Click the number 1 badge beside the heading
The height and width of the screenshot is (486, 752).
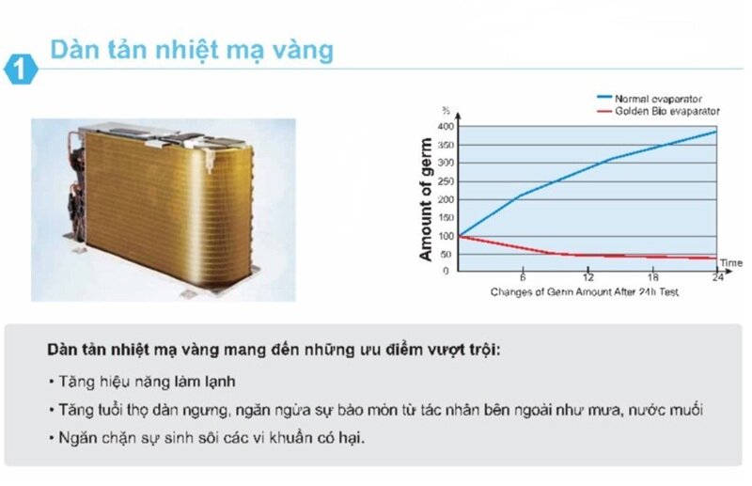tap(20, 70)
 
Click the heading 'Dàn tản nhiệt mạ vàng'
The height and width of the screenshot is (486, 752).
tap(192, 49)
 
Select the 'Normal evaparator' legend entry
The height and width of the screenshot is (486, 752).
tap(658, 99)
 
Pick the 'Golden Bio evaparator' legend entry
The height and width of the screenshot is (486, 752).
tap(666, 111)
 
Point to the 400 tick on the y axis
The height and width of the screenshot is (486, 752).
tap(446, 126)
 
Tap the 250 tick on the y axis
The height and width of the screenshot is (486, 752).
tap(446, 180)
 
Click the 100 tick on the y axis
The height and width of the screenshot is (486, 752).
tap(446, 236)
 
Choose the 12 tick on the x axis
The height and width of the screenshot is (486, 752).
tap(587, 279)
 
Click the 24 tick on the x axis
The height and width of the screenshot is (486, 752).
tap(718, 279)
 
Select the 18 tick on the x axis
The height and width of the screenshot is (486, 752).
tap(653, 279)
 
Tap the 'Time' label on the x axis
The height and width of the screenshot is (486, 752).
tap(731, 262)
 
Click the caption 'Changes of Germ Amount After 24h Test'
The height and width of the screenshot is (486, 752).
tap(585, 292)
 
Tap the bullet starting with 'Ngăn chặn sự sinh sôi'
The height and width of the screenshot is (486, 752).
tap(208, 439)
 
